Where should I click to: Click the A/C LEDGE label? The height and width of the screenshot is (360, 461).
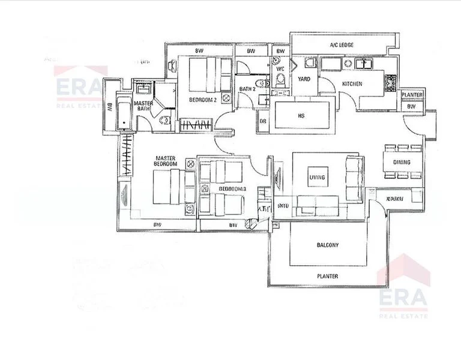pos(342,46)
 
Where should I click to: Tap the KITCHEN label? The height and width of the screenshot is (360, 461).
pos(352,84)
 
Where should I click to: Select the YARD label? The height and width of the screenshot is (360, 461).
pos(304,77)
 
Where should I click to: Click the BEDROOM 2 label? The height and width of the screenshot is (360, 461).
pos(202,100)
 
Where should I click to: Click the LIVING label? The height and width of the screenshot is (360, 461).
pos(317,178)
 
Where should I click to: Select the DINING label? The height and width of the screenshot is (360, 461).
pos(402,162)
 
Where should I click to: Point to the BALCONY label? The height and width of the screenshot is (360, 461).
pos(328,245)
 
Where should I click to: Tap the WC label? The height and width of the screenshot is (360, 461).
pos(280,69)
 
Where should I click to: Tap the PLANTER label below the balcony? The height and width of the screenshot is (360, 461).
pos(328,277)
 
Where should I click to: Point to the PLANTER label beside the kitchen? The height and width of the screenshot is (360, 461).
pos(412,95)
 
